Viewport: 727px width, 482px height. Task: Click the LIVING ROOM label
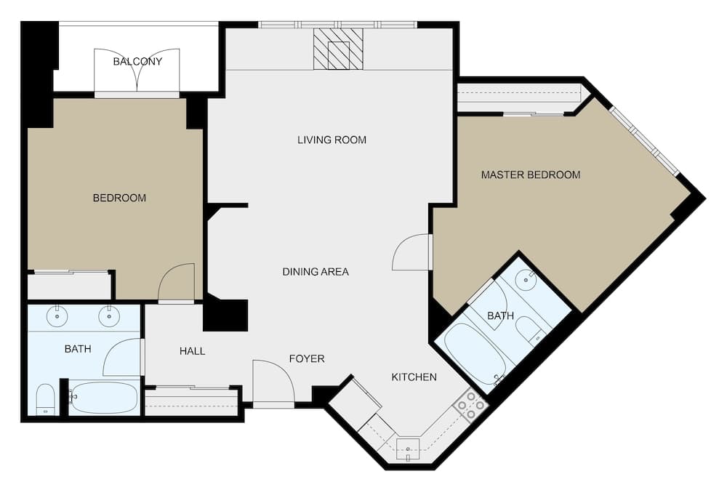(332, 140)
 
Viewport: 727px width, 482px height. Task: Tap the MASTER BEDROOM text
(531, 174)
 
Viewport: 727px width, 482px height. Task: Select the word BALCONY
(137, 62)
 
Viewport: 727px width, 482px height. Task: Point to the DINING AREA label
(316, 272)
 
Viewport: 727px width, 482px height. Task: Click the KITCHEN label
(414, 377)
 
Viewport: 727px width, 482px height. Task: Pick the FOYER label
(307, 358)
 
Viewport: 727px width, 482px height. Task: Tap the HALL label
(192, 351)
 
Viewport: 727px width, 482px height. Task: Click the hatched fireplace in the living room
(338, 49)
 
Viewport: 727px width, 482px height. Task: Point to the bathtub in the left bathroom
(104, 397)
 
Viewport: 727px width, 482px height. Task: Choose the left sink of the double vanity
(57, 316)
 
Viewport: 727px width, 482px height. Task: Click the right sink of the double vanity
(109, 316)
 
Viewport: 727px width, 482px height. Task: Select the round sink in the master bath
(526, 279)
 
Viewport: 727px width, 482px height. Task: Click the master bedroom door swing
(412, 252)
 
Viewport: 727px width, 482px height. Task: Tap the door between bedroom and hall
(177, 282)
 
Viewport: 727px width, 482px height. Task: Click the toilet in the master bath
(530, 331)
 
